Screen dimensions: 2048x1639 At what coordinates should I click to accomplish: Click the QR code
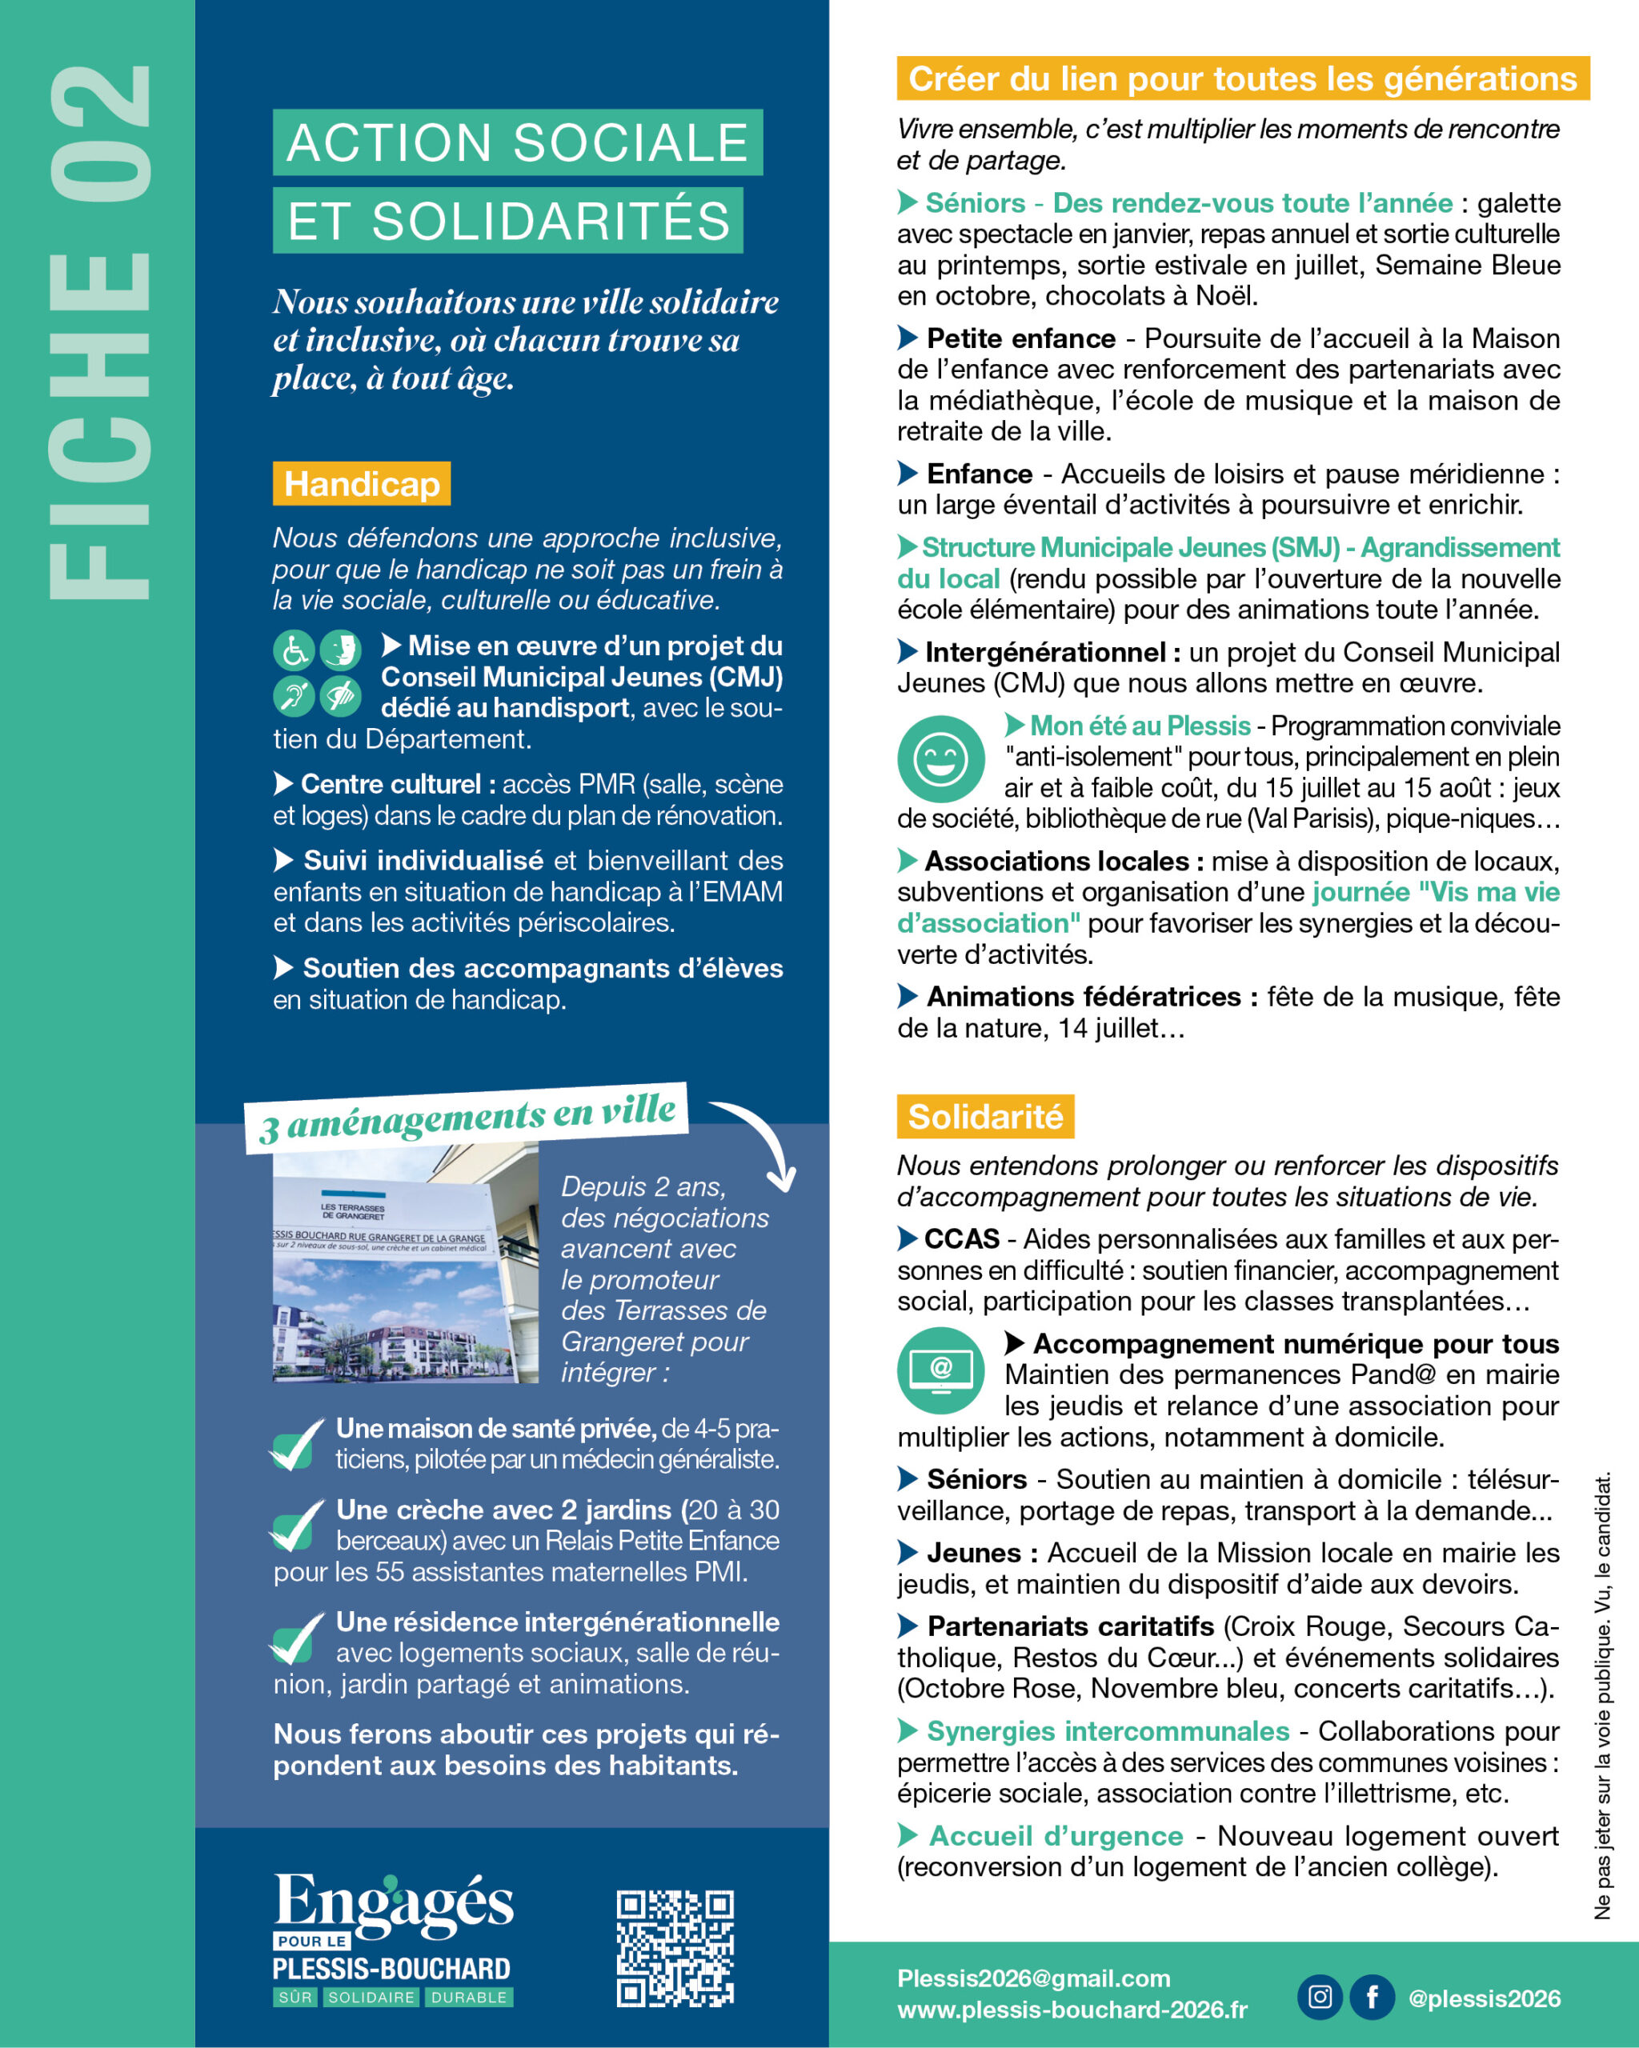click(675, 1947)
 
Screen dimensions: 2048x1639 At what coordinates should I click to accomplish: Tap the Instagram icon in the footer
click(1320, 1996)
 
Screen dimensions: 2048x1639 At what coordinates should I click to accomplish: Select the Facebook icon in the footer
click(1372, 1996)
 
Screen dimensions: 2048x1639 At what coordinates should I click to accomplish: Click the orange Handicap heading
click(361, 483)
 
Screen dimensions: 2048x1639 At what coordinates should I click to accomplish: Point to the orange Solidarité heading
click(984, 1116)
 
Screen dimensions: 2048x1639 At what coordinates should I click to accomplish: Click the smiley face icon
click(940, 759)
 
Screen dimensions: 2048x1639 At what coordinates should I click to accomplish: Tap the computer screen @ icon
click(940, 1370)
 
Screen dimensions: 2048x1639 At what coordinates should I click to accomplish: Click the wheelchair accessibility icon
click(294, 650)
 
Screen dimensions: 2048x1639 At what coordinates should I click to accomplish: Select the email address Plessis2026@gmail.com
click(1034, 1978)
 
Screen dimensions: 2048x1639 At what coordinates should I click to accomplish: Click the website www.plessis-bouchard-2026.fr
click(1072, 2010)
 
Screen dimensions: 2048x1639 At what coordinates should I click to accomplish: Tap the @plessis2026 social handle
click(1484, 1998)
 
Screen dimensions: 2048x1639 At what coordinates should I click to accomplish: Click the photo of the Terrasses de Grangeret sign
click(405, 1266)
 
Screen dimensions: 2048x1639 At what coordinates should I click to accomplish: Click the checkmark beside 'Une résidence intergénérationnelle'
click(296, 1639)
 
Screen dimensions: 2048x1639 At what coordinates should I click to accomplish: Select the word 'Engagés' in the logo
click(394, 1902)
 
